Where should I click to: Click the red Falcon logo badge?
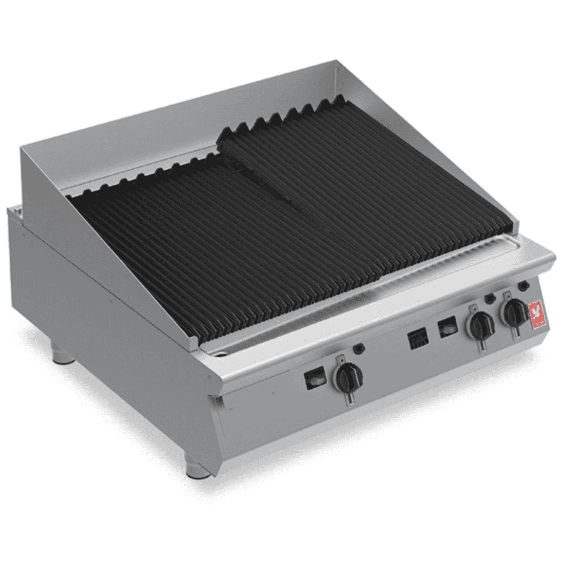(x=536, y=312)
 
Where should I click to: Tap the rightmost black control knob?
(x=515, y=312)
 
